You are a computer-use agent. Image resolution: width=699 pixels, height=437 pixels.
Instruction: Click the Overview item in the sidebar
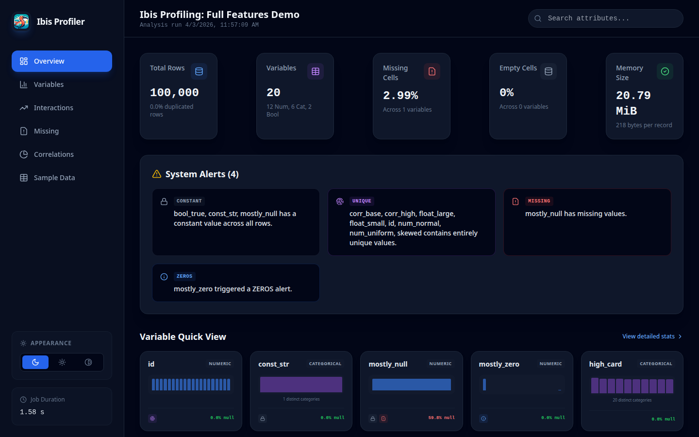[62, 61]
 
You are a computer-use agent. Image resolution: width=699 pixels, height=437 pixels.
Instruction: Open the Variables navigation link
[49, 84]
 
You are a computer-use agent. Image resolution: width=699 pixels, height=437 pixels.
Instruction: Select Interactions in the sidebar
[53, 108]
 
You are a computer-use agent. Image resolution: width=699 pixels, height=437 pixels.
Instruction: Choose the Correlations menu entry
[53, 154]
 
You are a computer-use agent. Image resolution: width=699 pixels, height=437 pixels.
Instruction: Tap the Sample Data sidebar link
[54, 178]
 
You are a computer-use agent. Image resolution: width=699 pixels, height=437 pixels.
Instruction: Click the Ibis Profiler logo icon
[21, 21]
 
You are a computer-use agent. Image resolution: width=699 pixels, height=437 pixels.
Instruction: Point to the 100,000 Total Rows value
[174, 92]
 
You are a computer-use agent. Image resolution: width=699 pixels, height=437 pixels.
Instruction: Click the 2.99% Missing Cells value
[400, 95]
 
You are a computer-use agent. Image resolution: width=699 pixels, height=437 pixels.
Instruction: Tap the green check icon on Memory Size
[665, 71]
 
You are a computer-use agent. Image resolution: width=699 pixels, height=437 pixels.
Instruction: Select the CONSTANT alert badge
[189, 201]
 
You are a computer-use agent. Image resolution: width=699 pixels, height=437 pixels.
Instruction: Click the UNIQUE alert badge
[362, 201]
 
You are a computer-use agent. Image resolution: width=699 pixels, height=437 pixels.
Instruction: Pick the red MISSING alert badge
[539, 201]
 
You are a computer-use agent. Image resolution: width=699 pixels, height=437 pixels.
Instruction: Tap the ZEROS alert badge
[184, 276]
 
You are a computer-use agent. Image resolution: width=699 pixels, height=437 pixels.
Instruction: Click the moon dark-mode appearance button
[35, 362]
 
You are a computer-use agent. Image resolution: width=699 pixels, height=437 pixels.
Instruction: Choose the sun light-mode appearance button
[62, 362]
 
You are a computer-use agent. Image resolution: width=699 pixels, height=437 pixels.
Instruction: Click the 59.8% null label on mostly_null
[441, 418]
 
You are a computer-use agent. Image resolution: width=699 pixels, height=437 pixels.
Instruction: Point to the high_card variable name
[605, 364]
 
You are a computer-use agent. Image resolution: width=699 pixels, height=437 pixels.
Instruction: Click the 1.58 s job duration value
[32, 412]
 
